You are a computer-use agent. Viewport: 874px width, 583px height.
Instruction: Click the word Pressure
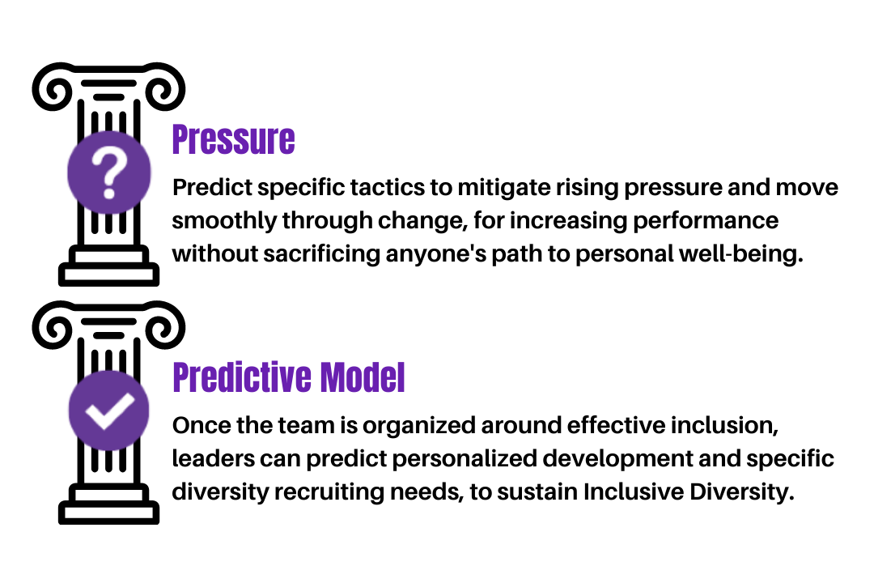pos(233,139)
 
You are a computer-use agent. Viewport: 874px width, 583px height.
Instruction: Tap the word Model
pos(363,377)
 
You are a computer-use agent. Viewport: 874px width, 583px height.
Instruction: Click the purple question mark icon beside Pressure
pos(109,172)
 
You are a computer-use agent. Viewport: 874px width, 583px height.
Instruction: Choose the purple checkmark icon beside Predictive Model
pos(108,410)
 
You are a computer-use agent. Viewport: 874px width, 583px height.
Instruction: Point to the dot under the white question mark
pos(109,194)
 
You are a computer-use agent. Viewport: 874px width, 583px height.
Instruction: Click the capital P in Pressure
pos(180,139)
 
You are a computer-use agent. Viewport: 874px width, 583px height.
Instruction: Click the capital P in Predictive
pos(180,377)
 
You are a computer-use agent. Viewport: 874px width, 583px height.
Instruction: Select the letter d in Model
pos(370,377)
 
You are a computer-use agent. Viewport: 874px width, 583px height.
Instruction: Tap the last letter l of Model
pos(401,377)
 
